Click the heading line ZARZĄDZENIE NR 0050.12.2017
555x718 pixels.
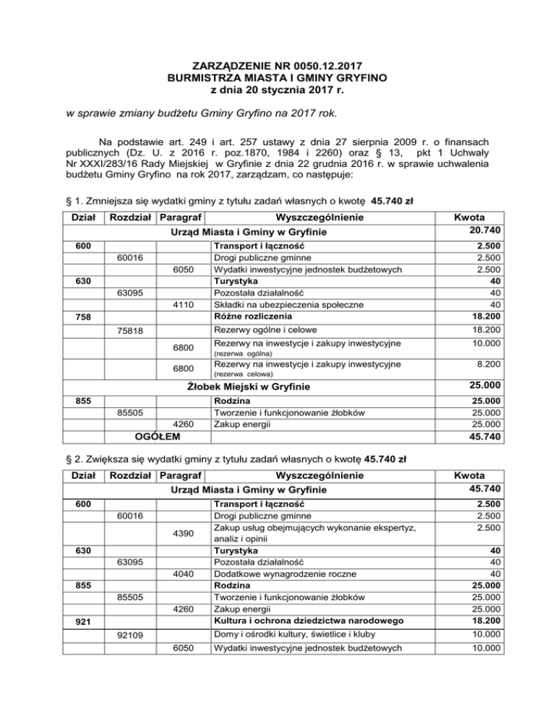point(278,64)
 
